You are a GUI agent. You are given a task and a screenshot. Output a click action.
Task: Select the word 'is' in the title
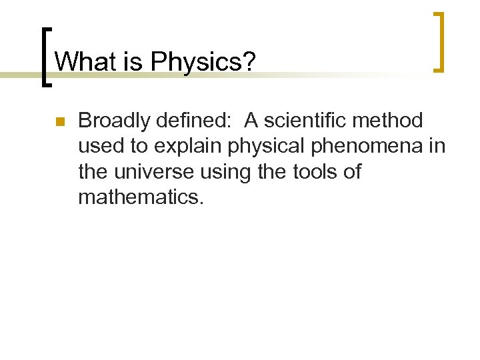pos(130,62)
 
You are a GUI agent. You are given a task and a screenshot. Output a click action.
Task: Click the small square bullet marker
pos(59,122)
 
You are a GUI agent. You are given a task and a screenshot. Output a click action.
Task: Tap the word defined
pos(197,121)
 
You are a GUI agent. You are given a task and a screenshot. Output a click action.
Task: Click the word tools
pos(315,172)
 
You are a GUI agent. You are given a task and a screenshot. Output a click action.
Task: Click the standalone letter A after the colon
pos(252,121)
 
